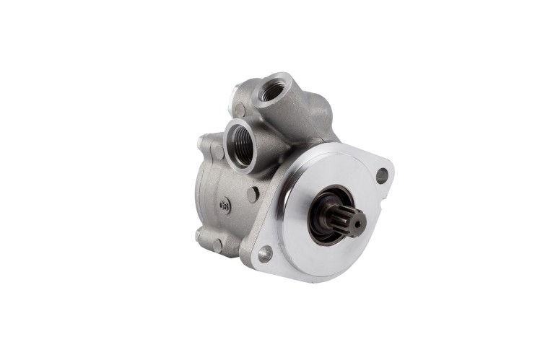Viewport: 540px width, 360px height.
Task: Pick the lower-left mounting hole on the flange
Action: tap(265, 253)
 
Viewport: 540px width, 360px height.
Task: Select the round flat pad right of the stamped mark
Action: tap(252, 194)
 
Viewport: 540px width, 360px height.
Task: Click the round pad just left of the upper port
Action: tap(240, 110)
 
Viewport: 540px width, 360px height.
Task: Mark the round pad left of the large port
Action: tap(217, 152)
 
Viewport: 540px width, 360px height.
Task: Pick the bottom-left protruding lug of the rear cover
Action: tap(200, 236)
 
